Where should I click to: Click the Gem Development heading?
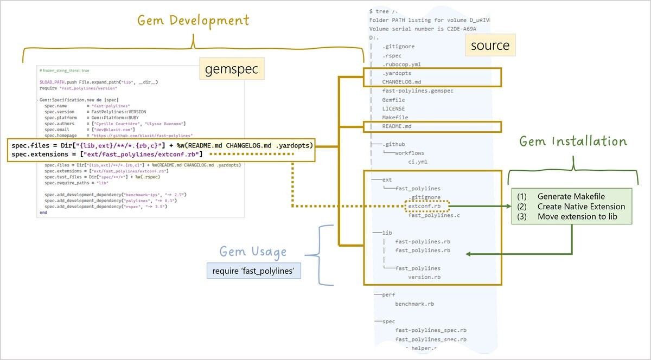(193, 21)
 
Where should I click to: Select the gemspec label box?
(231, 69)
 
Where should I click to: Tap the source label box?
(490, 45)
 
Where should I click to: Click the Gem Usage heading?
(253, 252)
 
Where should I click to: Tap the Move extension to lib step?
(577, 216)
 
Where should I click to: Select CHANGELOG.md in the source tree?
(401, 82)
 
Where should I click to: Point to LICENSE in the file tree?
(393, 108)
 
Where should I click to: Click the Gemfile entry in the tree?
(394, 100)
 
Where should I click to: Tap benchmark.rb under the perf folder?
(414, 304)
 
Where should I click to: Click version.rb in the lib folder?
(424, 277)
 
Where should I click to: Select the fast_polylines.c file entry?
(434, 215)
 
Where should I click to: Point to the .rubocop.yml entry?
(401, 64)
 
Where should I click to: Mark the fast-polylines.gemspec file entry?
(418, 91)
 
